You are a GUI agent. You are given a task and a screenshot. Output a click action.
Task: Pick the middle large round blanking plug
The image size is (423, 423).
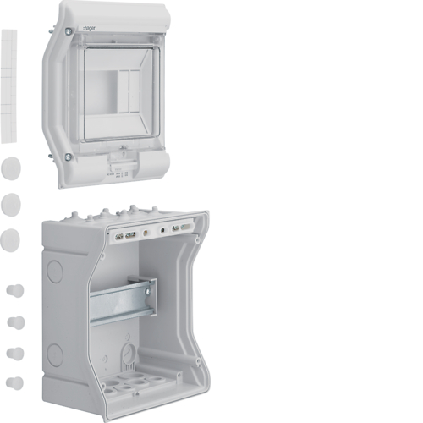pos(11,203)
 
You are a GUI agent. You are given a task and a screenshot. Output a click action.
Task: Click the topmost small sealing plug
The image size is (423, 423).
pos(14,291)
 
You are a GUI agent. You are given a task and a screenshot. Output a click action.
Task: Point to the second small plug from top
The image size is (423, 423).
pos(14,322)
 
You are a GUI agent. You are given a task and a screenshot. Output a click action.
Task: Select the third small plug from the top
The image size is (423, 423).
pos(14,353)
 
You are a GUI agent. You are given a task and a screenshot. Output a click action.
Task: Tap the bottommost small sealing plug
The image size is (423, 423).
pos(14,382)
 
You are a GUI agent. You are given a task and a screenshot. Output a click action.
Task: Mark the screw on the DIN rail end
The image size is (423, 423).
pos(147,293)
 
